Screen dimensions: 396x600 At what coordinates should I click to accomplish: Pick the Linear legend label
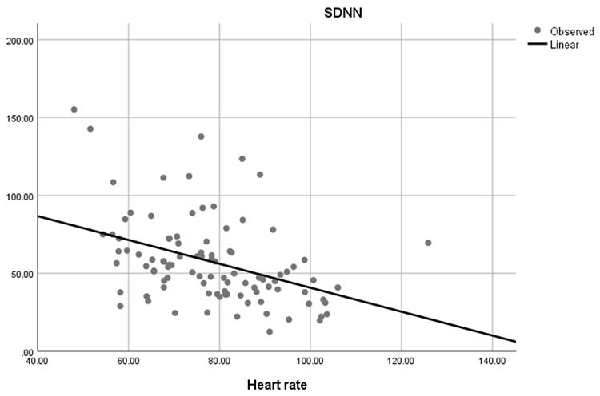click(x=564, y=44)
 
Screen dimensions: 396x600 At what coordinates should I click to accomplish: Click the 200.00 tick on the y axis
click(x=16, y=40)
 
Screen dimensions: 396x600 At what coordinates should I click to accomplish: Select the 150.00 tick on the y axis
click(x=16, y=117)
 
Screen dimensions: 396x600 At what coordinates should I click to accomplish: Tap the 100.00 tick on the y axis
click(x=16, y=196)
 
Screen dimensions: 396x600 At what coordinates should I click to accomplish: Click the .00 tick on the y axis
click(x=23, y=352)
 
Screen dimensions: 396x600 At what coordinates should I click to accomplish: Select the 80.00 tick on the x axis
click(x=219, y=362)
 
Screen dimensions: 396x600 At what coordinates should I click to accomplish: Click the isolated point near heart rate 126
click(x=428, y=243)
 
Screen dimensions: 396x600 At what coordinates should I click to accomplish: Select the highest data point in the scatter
click(x=74, y=109)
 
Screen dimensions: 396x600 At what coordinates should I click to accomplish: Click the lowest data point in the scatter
click(x=270, y=331)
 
